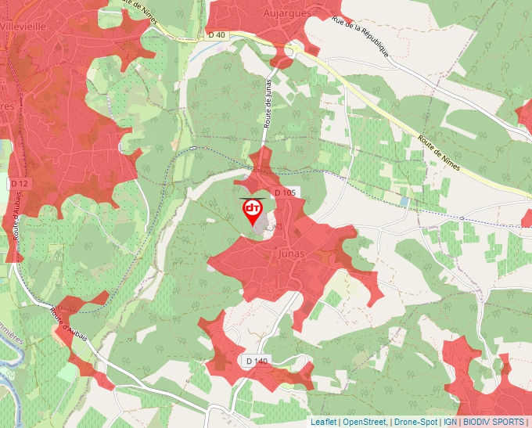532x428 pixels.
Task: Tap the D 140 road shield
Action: click(x=256, y=361)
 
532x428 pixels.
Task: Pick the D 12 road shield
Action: click(x=20, y=183)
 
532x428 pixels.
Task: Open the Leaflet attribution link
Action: click(x=323, y=422)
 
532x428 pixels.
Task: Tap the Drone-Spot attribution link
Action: click(x=416, y=422)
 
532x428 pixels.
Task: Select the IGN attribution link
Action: click(x=450, y=422)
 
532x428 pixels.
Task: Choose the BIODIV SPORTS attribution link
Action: click(x=494, y=422)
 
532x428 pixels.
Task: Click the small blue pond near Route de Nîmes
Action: click(x=403, y=202)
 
